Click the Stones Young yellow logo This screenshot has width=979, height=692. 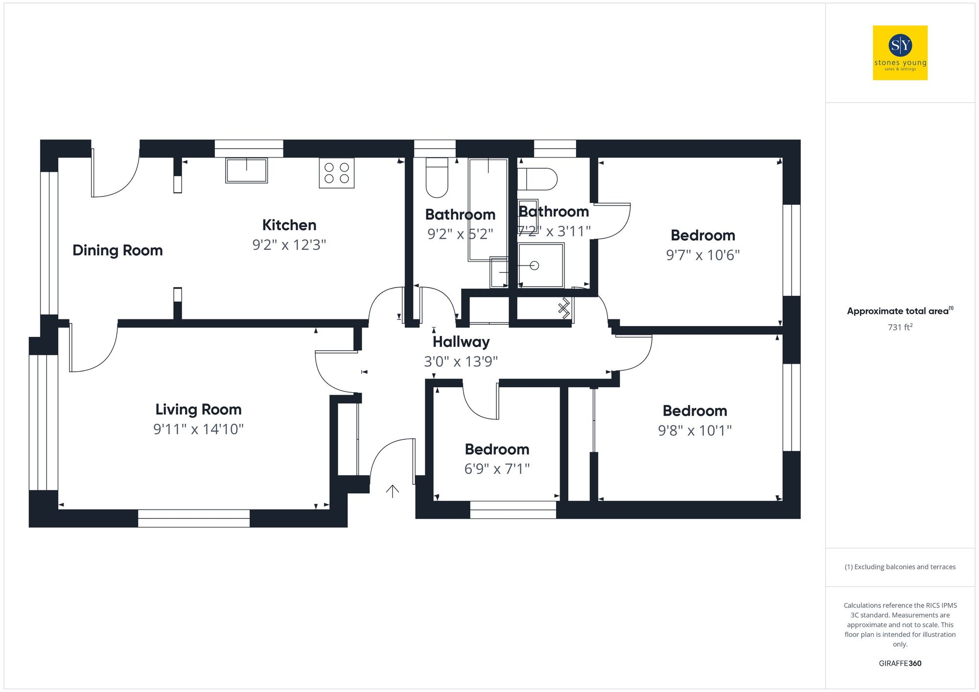click(900, 53)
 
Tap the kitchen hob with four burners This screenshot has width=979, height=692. click(336, 173)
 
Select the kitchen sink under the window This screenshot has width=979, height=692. click(246, 170)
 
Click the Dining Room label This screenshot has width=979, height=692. click(117, 250)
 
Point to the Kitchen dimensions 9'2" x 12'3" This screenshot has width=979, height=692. click(289, 245)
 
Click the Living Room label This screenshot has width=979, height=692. click(198, 409)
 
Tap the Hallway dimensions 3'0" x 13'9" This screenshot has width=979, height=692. click(461, 361)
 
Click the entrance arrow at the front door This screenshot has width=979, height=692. click(393, 491)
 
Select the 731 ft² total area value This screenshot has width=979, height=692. click(900, 327)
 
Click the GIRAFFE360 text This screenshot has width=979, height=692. click(900, 663)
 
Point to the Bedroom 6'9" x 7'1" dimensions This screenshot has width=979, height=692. click(497, 469)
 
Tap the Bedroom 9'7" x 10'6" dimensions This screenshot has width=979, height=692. click(702, 255)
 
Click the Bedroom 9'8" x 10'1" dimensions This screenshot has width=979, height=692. click(695, 430)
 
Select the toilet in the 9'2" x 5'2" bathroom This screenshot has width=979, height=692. click(437, 177)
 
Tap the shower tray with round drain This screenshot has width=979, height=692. click(541, 266)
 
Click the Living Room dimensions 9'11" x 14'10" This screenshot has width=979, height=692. click(198, 429)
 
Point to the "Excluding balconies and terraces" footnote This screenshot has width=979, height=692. click(900, 567)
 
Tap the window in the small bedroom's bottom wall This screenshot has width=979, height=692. click(513, 510)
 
